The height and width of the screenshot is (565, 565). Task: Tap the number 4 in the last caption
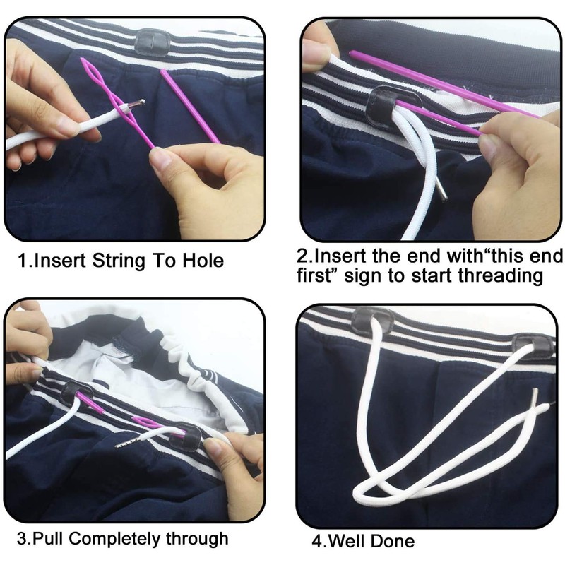click(316, 542)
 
